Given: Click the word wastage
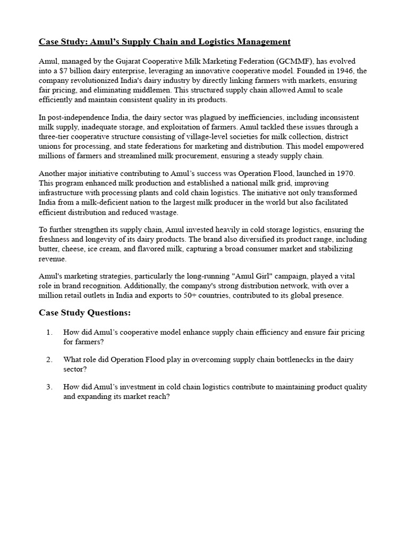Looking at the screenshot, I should (163, 212).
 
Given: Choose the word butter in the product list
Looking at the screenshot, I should (49, 249).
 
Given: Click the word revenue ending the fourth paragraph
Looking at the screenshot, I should (53, 258).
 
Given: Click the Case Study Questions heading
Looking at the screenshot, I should (84, 312).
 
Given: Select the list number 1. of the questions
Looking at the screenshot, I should (49, 332).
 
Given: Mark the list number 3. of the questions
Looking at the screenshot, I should (49, 387).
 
